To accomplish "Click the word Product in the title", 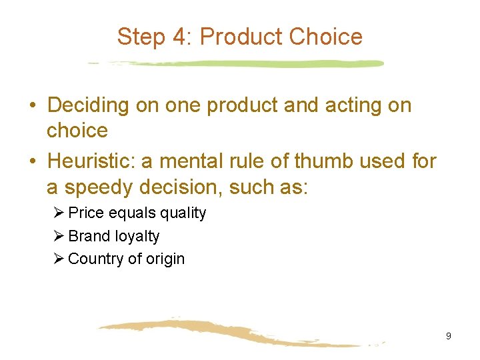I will [239, 36].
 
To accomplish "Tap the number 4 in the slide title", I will [181, 36].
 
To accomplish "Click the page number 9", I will [448, 336].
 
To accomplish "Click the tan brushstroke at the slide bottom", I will [233, 332].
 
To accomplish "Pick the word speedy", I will [88, 187].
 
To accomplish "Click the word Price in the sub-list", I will [85, 213].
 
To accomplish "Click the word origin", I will [165, 259].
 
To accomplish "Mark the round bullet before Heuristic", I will [33, 161].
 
